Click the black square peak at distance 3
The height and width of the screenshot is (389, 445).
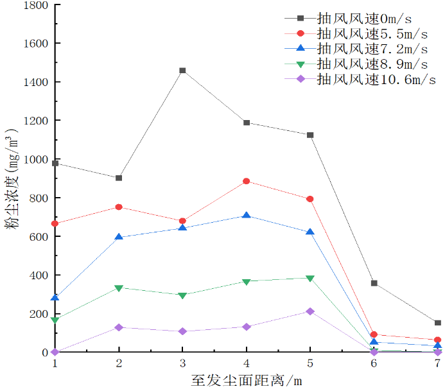(x=182, y=71)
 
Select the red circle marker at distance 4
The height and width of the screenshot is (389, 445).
(x=247, y=181)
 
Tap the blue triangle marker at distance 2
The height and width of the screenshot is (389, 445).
(x=119, y=237)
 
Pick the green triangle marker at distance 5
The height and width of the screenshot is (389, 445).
(x=310, y=279)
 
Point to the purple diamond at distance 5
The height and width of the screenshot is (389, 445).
(x=310, y=311)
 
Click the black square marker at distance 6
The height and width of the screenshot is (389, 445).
(x=374, y=283)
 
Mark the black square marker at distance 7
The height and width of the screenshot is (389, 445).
(x=437, y=323)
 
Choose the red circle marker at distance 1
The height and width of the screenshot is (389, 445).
(x=55, y=223)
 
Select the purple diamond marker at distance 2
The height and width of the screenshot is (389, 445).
(x=119, y=327)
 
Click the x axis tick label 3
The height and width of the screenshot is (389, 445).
(x=182, y=363)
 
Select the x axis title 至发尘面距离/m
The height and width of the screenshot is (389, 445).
(x=246, y=379)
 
